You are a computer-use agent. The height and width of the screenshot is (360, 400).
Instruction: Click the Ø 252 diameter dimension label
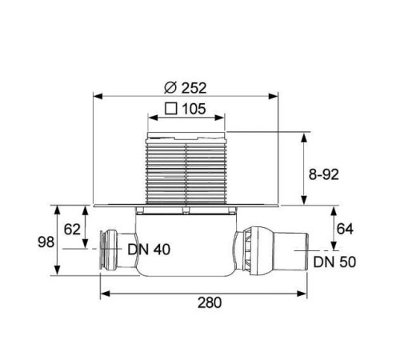186,88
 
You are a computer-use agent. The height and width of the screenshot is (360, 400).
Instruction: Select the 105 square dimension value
194,109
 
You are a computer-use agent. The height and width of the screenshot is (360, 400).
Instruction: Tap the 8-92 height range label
324,174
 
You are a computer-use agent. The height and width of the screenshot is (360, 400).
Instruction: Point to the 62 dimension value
72,230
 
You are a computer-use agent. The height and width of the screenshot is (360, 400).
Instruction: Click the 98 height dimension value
46,242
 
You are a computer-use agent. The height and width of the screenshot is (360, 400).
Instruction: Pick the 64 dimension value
345,229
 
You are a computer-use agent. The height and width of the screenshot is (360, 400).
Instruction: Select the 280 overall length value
210,302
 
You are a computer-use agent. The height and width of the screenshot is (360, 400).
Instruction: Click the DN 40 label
149,250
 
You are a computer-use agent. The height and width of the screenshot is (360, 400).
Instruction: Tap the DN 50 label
334,262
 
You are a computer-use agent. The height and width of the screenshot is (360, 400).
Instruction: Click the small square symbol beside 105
171,109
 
